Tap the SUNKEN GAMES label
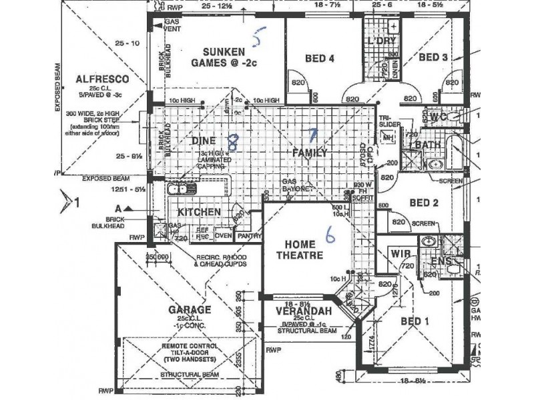[x=218, y=58]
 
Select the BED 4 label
[x=319, y=58]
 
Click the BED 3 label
[x=433, y=58]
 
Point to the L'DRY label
[x=382, y=41]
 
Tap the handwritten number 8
[x=232, y=141]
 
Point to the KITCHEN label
[x=199, y=211]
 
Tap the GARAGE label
[x=172, y=310]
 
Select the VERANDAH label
[x=300, y=310]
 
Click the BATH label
[x=427, y=144]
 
